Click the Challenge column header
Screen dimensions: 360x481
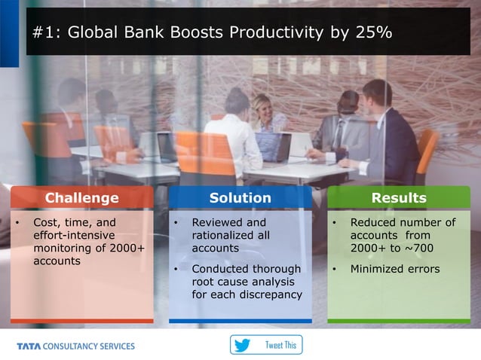pyautogui.click(x=82, y=198)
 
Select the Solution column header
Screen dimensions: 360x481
pyautogui.click(x=240, y=198)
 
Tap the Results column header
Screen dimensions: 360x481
pyautogui.click(x=399, y=198)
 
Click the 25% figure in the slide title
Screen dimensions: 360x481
pyautogui.click(x=375, y=33)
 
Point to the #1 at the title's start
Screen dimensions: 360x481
pyautogui.click(x=44, y=33)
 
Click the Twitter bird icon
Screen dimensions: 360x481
pyautogui.click(x=242, y=346)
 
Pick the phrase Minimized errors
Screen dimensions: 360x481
pyautogui.click(x=395, y=269)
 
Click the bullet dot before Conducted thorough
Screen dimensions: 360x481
pyautogui.click(x=175, y=269)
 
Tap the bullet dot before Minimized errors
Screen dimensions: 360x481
pyautogui.click(x=333, y=269)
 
